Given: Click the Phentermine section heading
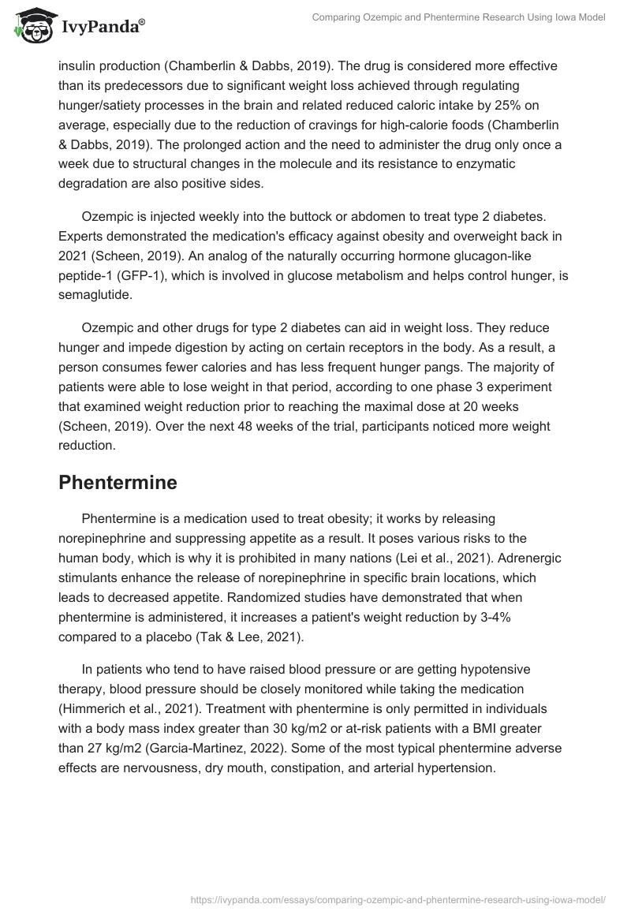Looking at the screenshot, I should click(x=118, y=483).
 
